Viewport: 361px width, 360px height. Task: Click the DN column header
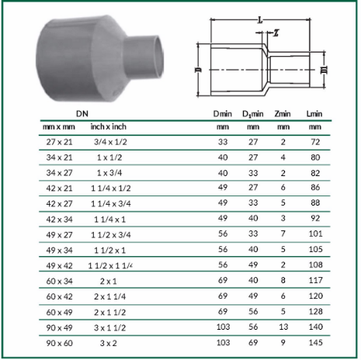tap(82, 113)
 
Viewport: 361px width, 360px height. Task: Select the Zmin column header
tap(283, 114)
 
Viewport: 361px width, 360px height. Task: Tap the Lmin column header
tap(314, 114)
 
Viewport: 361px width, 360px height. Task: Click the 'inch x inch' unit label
tap(109, 126)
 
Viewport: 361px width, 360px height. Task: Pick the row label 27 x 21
tap(59, 142)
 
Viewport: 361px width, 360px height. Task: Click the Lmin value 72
tap(315, 142)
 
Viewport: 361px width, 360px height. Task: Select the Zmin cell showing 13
tap(283, 327)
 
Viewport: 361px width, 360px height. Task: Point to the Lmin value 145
tap(316, 342)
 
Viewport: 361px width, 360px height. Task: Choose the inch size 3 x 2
tap(109, 343)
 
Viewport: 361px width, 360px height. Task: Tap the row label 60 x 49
tap(59, 312)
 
